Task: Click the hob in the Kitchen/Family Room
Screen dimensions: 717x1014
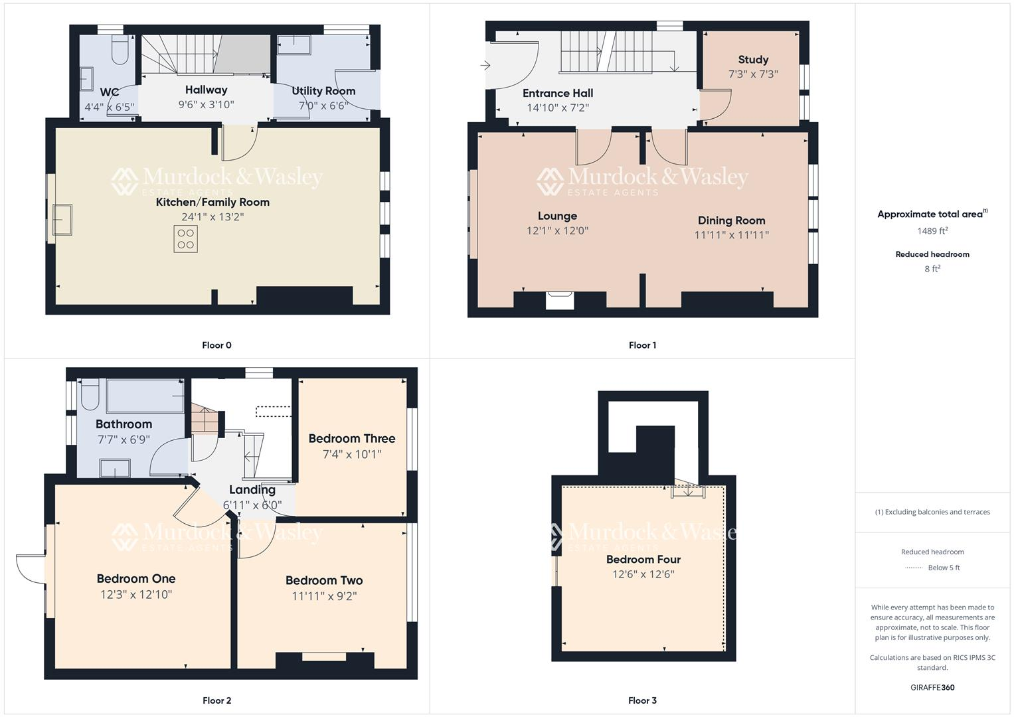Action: pos(186,239)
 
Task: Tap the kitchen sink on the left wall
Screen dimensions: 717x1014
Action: pos(63,220)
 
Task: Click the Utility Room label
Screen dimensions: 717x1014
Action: pos(323,91)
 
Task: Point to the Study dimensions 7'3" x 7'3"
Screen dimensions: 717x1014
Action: pos(753,74)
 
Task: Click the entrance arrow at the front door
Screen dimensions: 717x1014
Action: pos(485,65)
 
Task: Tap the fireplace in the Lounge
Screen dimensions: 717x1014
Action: pos(559,300)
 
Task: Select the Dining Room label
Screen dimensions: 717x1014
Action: pos(731,220)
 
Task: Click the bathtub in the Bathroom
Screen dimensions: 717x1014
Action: pos(145,396)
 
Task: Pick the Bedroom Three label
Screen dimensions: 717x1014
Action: pos(352,439)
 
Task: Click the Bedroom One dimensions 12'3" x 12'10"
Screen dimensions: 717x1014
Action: pos(136,595)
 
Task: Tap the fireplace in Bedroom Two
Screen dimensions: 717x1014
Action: pos(324,657)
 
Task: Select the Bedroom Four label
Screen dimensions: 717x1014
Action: pos(643,560)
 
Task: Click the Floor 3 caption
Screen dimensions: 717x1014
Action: pos(642,700)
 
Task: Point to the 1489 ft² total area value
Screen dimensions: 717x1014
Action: pos(932,231)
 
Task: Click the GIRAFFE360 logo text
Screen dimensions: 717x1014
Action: pos(932,688)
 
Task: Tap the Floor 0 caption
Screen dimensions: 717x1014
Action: pos(216,345)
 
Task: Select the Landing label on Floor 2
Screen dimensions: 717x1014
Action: pos(252,490)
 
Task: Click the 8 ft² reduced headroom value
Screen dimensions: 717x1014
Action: pos(932,269)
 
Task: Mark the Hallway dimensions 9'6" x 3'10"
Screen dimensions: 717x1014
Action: pos(206,105)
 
